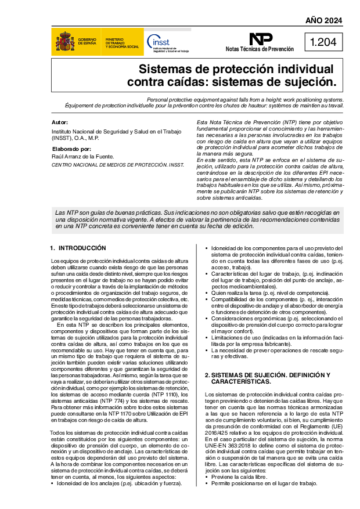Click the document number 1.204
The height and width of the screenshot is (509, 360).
(x=323, y=42)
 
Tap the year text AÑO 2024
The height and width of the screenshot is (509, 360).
(x=324, y=21)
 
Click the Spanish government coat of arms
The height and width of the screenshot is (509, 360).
(x=64, y=42)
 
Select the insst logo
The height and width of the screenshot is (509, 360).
(x=167, y=42)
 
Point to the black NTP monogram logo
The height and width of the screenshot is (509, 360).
(x=261, y=39)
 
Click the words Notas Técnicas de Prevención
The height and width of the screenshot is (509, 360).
(x=260, y=50)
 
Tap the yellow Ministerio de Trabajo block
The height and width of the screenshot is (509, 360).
(x=122, y=42)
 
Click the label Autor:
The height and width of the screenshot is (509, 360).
(x=60, y=122)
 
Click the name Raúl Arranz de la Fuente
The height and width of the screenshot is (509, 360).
(x=83, y=157)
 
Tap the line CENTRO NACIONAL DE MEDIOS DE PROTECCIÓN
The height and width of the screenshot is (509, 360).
(x=118, y=165)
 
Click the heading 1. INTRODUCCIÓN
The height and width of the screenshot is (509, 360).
(x=78, y=248)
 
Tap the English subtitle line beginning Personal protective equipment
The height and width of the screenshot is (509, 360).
(x=245, y=99)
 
